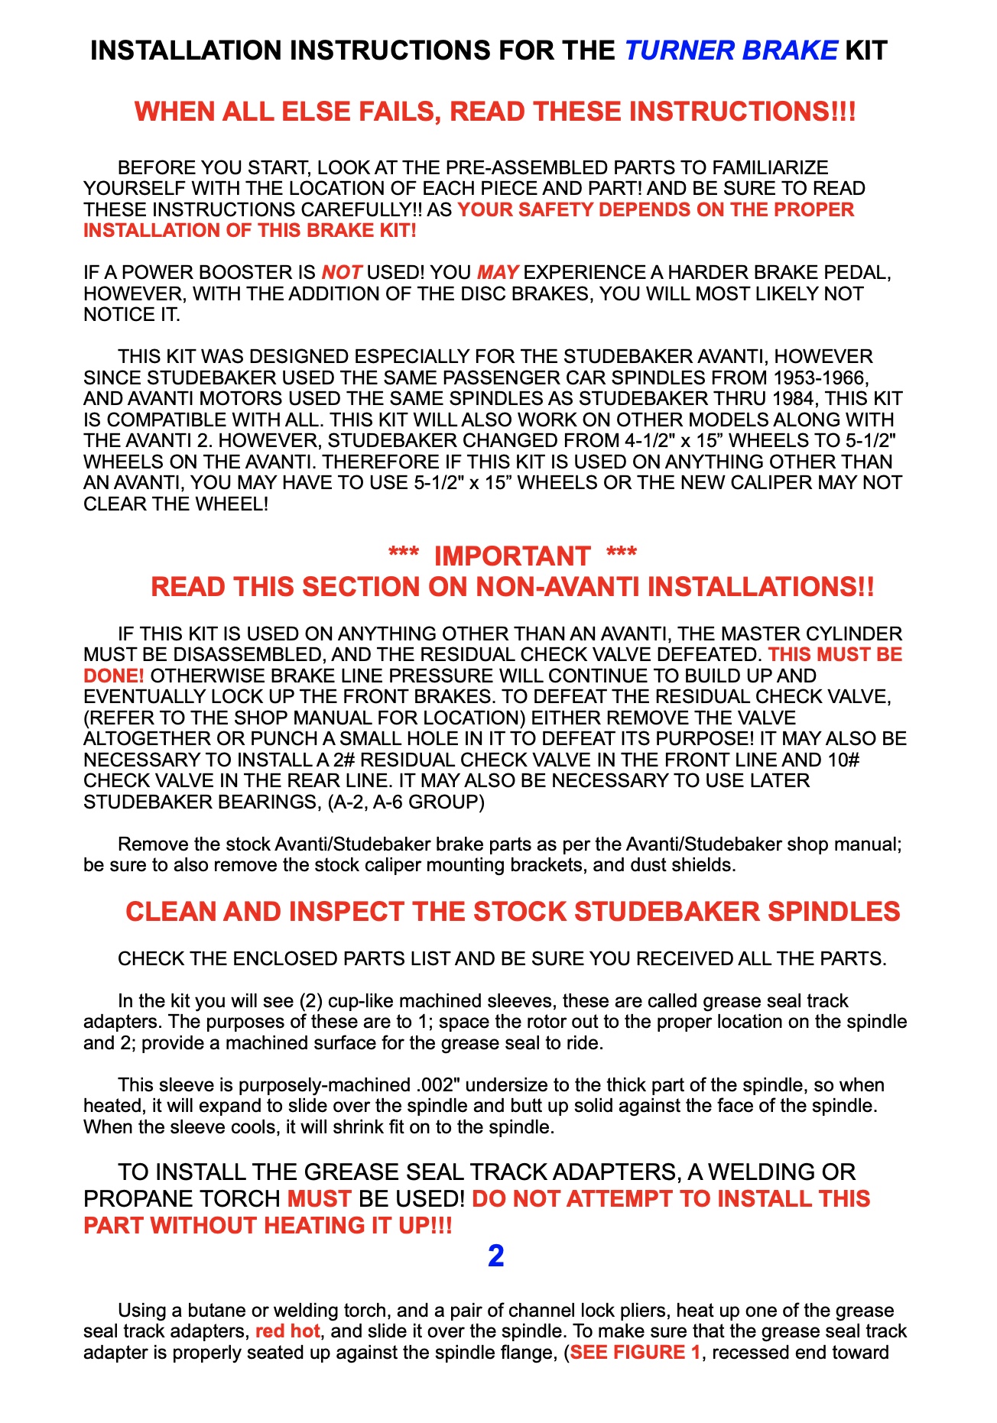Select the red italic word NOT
coord(341,273)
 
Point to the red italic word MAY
coord(498,273)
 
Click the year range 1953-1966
coord(820,378)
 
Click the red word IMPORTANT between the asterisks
coord(512,556)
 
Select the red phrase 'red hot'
coord(287,1331)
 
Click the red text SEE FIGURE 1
coord(635,1353)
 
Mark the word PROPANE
coord(132,1198)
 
